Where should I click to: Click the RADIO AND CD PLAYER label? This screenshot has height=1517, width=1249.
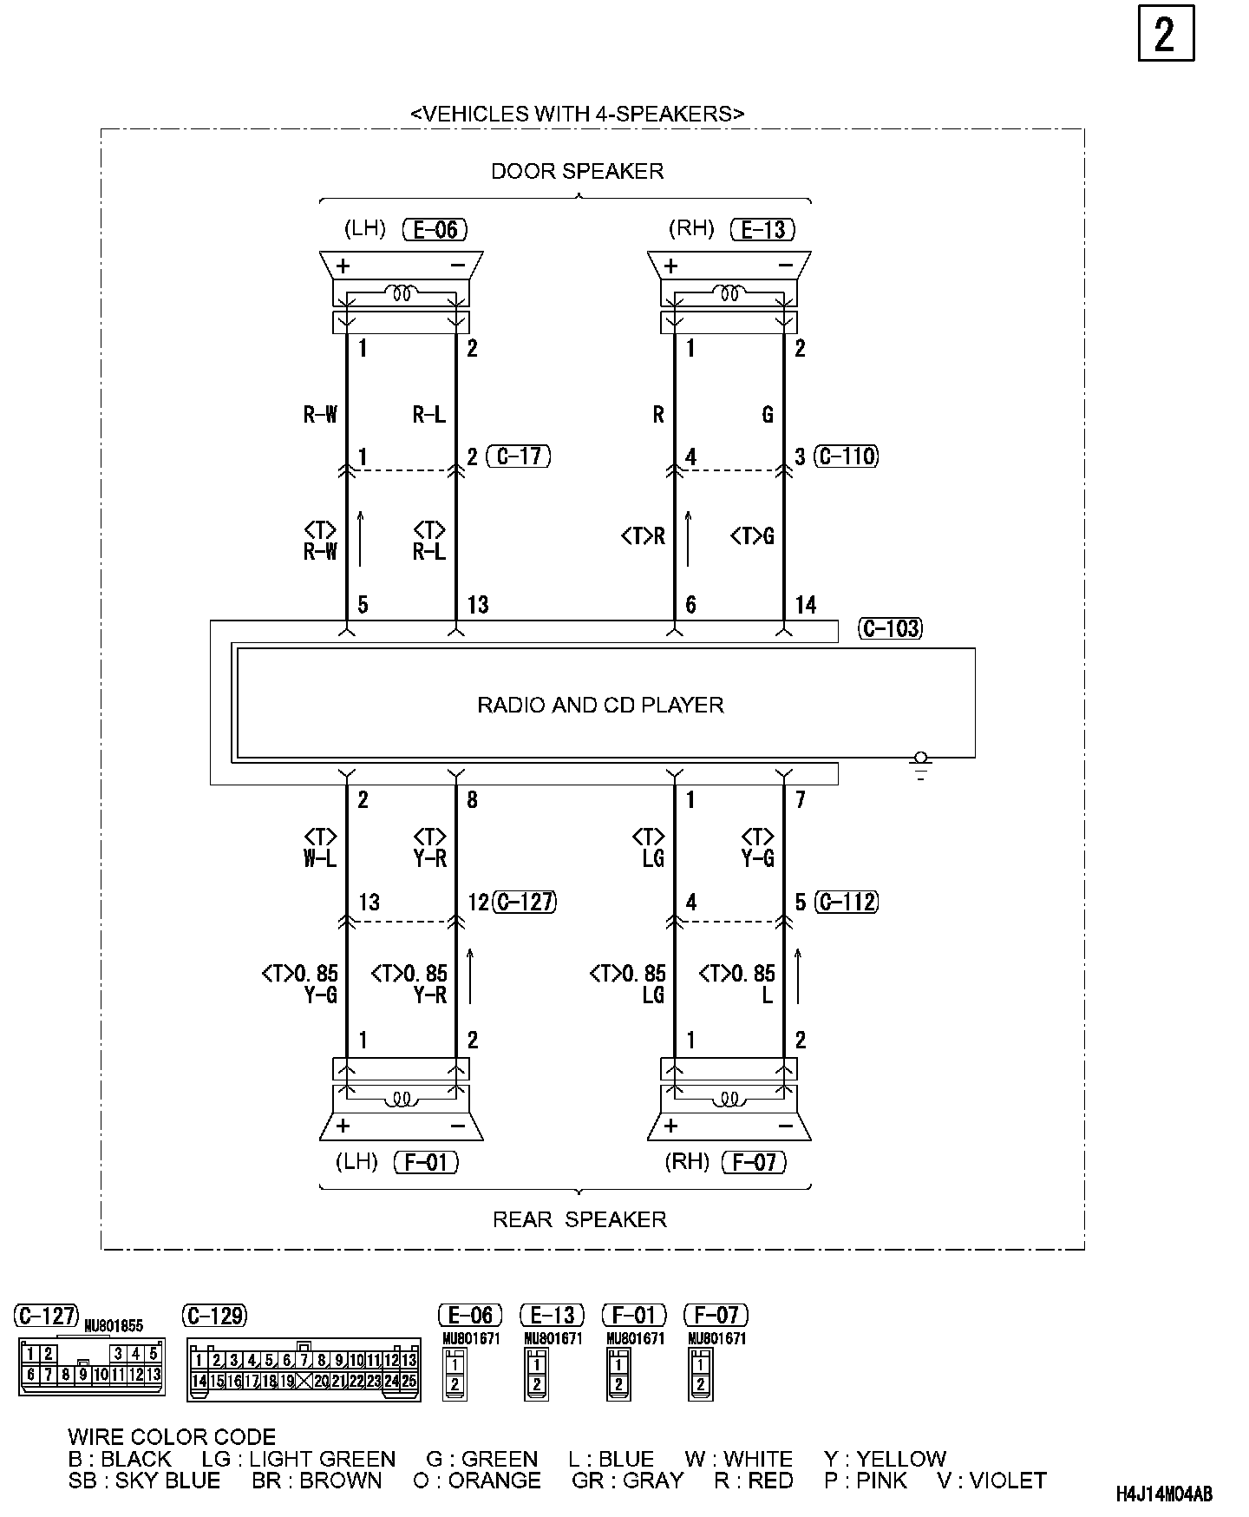pyautogui.click(x=600, y=705)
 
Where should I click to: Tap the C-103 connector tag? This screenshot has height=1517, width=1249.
pyautogui.click(x=890, y=628)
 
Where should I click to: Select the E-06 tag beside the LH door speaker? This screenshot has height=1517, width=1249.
pyautogui.click(x=435, y=229)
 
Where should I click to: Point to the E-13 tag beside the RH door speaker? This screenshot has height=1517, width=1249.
pyautogui.click(x=763, y=229)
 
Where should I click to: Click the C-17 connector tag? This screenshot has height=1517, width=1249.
pyautogui.click(x=519, y=456)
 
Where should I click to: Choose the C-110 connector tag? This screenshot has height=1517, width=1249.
pyautogui.click(x=847, y=456)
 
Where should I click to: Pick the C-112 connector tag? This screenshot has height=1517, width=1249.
pyautogui.click(x=847, y=903)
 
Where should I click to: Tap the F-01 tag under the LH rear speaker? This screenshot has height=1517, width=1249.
pyautogui.click(x=426, y=1162)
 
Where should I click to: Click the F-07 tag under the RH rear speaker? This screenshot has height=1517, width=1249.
pyautogui.click(x=754, y=1162)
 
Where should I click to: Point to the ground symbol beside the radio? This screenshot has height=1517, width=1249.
pyautogui.click(x=920, y=767)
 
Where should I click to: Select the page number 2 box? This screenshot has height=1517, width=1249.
pyautogui.click(x=1165, y=34)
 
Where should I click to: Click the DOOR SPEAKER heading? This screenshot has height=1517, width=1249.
pyautogui.click(x=577, y=171)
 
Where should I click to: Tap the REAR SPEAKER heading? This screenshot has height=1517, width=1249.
pyautogui.click(x=579, y=1219)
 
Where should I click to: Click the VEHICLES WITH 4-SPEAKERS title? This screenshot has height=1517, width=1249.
pyautogui.click(x=577, y=114)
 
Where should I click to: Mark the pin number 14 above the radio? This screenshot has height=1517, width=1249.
pyautogui.click(x=806, y=605)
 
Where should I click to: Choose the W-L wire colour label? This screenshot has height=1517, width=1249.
pyautogui.click(x=320, y=858)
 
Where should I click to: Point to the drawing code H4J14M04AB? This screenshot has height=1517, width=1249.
pyautogui.click(x=1164, y=1494)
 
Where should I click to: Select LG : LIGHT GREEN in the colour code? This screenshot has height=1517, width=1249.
pyautogui.click(x=298, y=1459)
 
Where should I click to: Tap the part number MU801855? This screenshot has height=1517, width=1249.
pyautogui.click(x=113, y=1326)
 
